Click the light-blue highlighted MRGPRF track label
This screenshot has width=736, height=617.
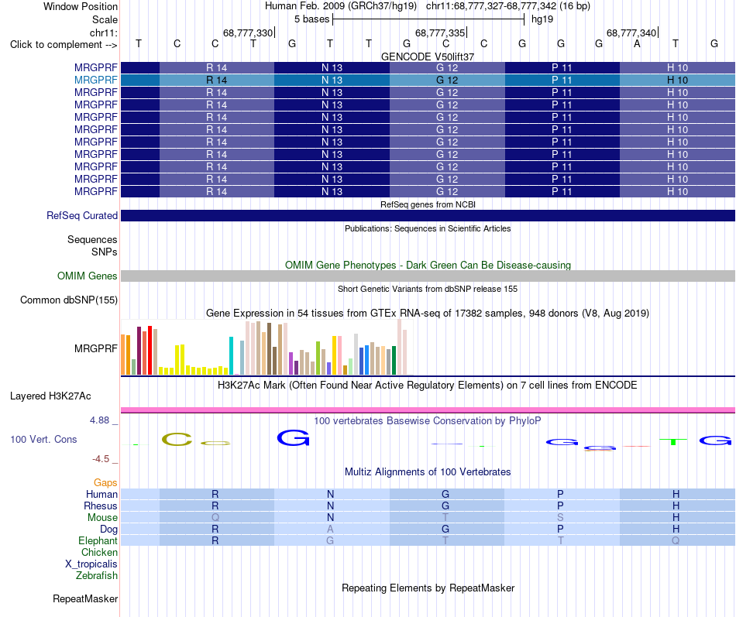tap(96, 81)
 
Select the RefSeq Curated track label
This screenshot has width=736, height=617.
tap(82, 215)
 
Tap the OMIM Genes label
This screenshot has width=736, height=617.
tap(88, 276)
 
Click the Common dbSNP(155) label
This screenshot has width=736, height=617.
tap(69, 300)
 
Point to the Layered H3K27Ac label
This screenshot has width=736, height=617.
tap(50, 396)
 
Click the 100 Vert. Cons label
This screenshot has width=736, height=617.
tap(43, 439)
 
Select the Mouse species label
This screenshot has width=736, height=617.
tap(102, 518)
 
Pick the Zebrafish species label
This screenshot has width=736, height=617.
tap(97, 576)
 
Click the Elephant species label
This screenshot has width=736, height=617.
tap(98, 540)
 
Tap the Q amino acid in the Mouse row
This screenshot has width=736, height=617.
tap(215, 518)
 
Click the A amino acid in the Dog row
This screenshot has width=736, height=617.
tap(330, 530)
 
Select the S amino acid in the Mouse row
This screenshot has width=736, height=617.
tap(560, 518)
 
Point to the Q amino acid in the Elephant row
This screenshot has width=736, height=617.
tap(676, 540)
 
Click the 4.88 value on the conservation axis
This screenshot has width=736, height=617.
tap(99, 420)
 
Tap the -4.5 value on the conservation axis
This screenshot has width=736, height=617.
tap(101, 459)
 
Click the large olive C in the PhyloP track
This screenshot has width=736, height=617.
tap(177, 440)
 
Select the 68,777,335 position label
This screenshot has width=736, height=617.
tap(440, 33)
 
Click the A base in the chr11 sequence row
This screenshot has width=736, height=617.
tap(637, 43)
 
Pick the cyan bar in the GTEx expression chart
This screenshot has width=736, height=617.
tap(231, 355)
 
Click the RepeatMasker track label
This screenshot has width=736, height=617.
tap(85, 598)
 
